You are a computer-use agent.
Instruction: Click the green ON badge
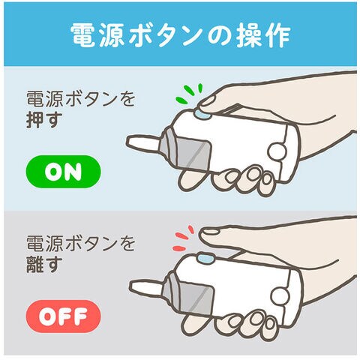tap(63, 172)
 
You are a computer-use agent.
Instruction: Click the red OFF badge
tap(63, 316)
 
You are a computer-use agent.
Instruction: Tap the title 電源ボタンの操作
tap(180, 35)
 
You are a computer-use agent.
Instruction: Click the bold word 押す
tap(44, 121)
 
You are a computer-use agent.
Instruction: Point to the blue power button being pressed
tap(202, 114)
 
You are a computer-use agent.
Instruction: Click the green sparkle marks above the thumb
tap(190, 94)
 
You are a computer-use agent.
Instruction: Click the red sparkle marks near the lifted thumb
tap(183, 238)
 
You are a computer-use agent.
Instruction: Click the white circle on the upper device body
tap(277, 151)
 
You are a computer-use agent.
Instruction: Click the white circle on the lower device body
tap(280, 295)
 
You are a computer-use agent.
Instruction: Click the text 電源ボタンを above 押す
tap(80, 99)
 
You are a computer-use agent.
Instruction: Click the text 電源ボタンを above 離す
tap(80, 243)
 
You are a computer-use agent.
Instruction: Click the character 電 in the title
tap(83, 35)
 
